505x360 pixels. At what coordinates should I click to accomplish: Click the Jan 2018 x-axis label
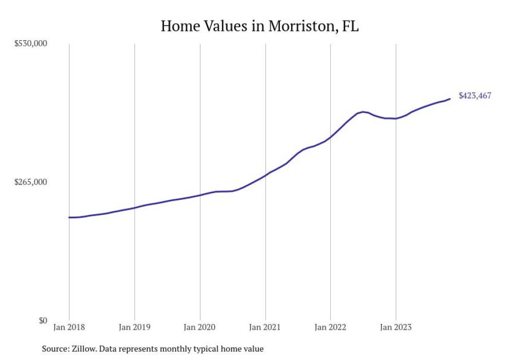click(69, 327)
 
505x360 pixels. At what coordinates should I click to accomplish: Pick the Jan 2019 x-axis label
click(134, 327)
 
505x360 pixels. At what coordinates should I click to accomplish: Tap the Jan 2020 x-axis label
click(200, 327)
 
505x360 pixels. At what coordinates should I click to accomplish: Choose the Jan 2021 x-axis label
click(265, 327)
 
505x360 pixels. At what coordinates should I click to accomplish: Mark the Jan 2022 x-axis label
click(330, 327)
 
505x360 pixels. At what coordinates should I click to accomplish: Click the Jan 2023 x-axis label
click(396, 327)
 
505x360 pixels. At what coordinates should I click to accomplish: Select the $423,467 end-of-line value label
click(475, 96)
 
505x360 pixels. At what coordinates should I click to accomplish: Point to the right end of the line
click(450, 99)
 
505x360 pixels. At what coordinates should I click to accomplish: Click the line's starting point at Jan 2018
click(69, 217)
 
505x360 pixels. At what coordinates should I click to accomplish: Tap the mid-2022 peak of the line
click(363, 112)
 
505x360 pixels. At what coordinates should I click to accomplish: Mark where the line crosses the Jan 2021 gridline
click(265, 175)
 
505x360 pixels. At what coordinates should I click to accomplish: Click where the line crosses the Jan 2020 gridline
click(200, 195)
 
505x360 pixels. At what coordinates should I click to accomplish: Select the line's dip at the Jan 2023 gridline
click(396, 118)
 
